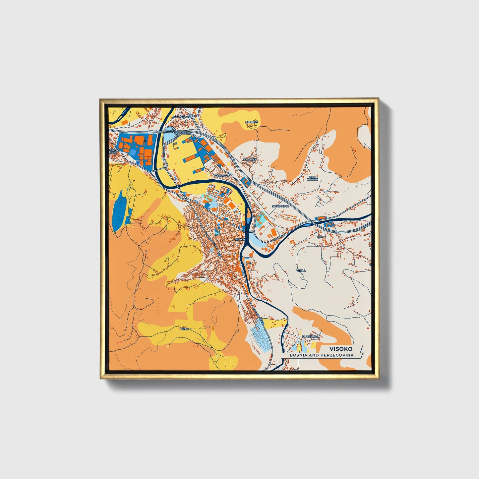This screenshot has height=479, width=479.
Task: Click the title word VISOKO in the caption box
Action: click(341, 349)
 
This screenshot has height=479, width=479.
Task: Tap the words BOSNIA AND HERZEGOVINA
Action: click(321, 355)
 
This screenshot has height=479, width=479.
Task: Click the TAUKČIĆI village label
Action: click(251, 122)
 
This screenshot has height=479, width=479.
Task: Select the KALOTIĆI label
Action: click(250, 160)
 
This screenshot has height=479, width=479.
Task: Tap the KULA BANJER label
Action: click(313, 178)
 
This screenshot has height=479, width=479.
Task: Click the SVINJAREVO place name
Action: click(280, 206)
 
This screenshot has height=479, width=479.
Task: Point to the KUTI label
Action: click(320, 237)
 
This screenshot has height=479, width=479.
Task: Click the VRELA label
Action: click(301, 270)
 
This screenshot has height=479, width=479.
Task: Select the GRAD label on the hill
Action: click(184, 329)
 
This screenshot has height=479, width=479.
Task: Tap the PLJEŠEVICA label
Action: click(310, 337)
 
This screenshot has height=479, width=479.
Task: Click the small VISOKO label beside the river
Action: click(239, 239)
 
